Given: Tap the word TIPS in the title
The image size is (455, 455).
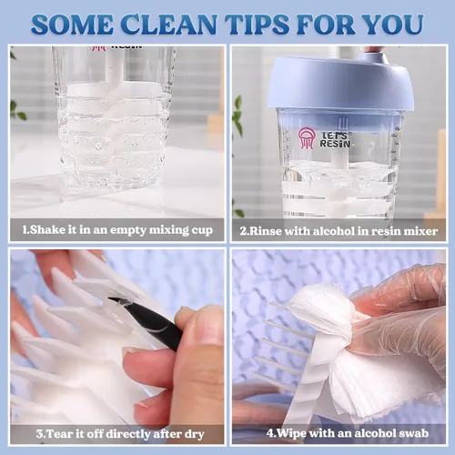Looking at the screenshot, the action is tap(258, 25).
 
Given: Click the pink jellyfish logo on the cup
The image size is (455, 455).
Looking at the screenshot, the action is tap(306, 138).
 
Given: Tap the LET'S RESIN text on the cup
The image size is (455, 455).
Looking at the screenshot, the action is tap(335, 139).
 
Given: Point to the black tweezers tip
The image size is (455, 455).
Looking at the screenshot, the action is tap(111, 298).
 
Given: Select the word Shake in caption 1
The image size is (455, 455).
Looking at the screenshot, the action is tap(47, 229).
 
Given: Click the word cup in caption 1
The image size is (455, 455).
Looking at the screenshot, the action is tap(202, 230).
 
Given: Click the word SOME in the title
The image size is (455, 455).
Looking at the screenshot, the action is tap(72, 25).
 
